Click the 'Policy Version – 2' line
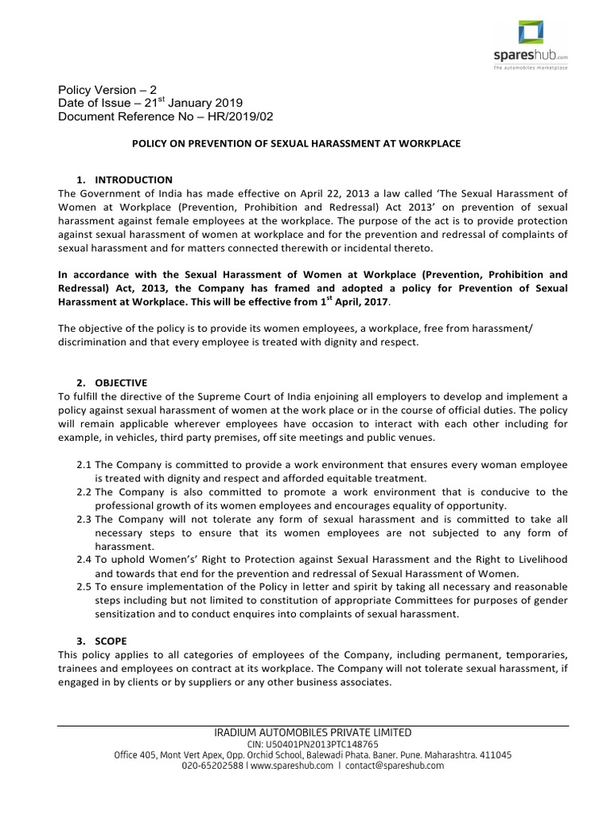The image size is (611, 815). [109, 90]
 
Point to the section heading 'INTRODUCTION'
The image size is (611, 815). [133, 179]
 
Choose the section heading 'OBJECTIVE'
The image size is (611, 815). [121, 383]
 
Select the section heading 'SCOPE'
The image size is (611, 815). [110, 641]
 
